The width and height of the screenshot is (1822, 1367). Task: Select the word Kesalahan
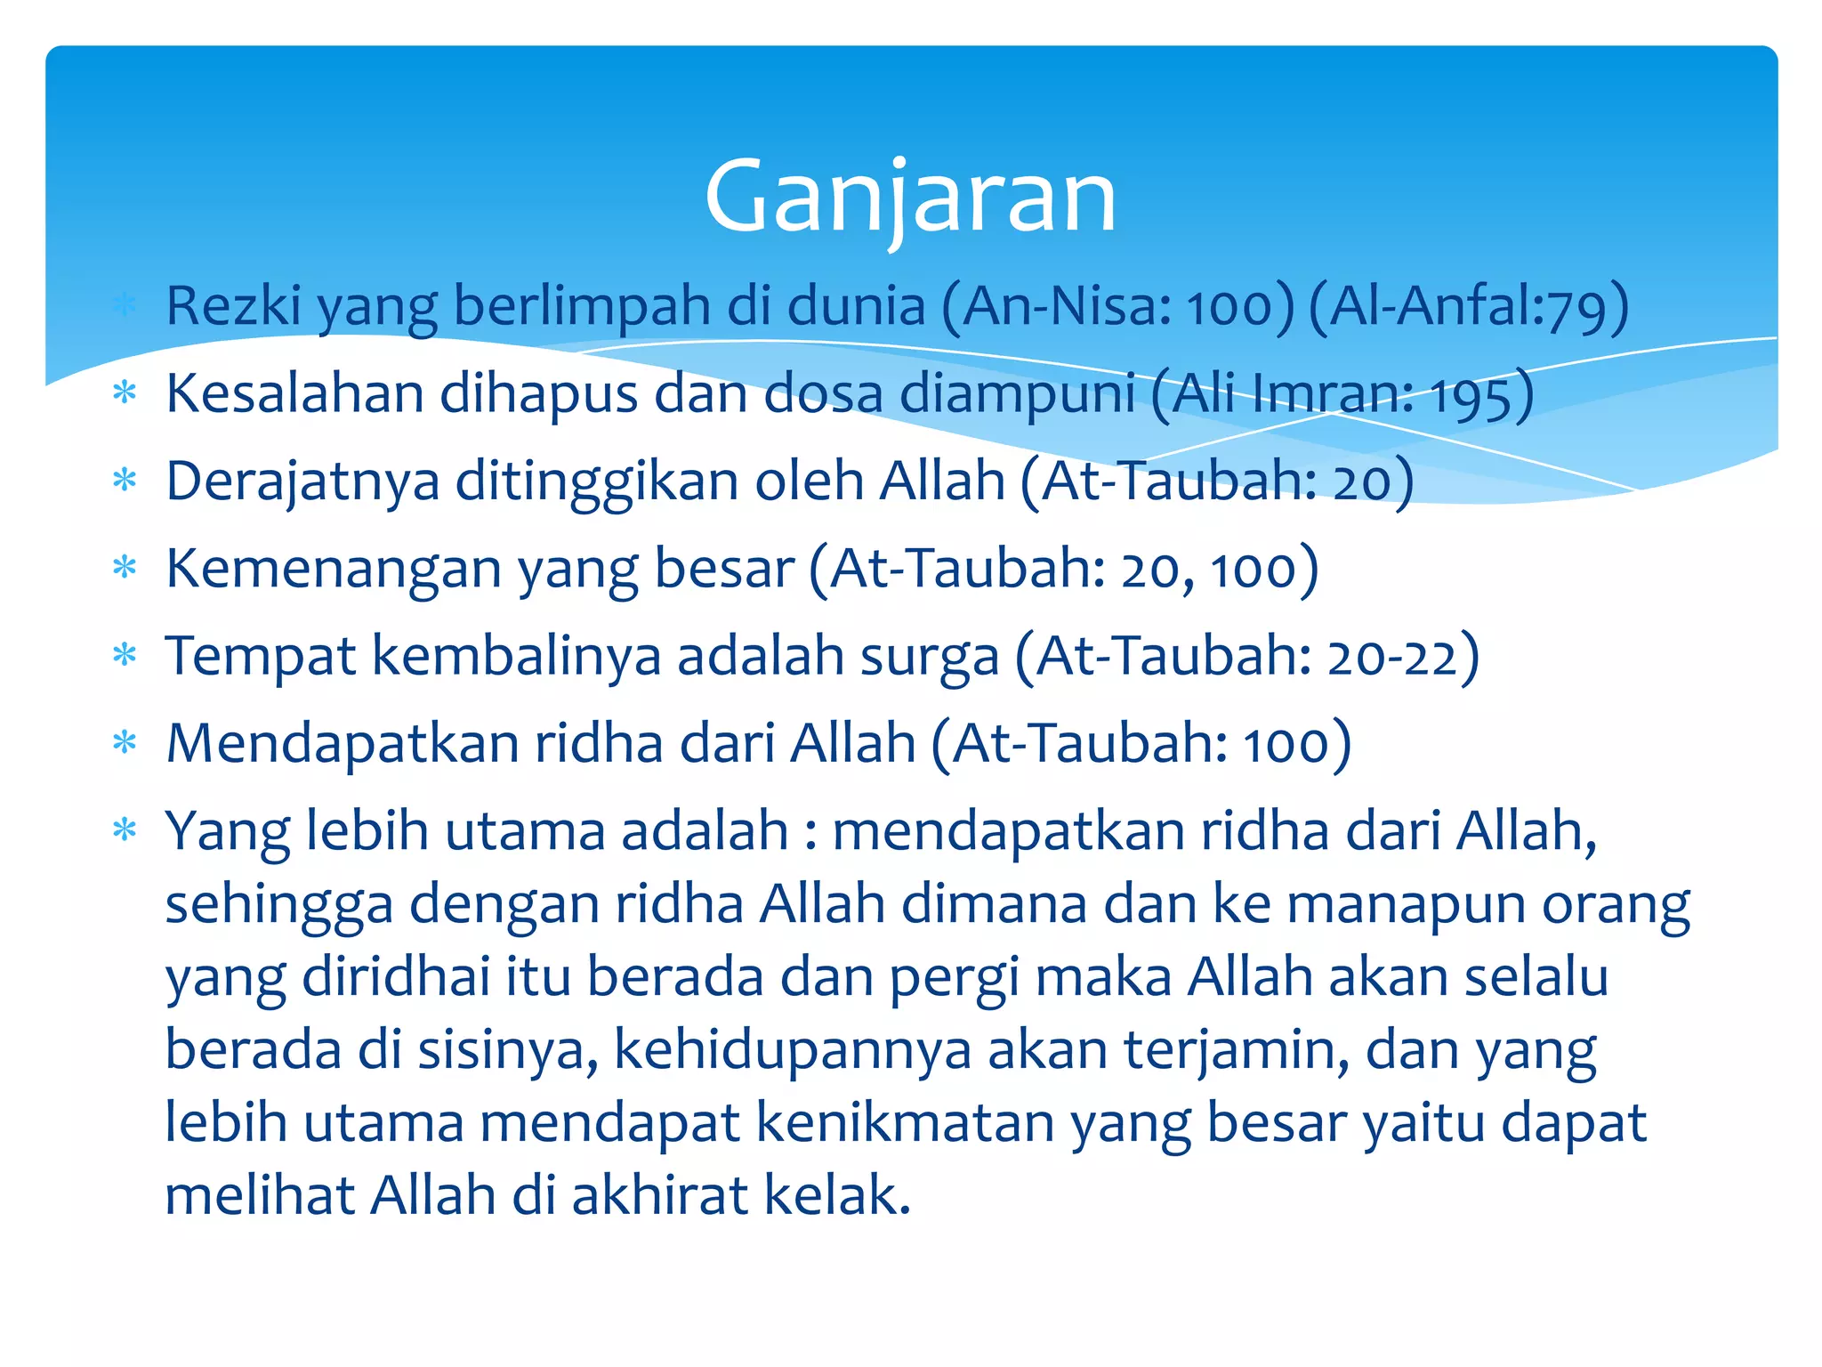click(x=294, y=393)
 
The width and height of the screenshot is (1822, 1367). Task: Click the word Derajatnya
click(x=302, y=481)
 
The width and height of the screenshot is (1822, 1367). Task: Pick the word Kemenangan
click(x=334, y=569)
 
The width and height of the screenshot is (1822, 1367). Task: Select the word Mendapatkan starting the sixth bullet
click(x=343, y=743)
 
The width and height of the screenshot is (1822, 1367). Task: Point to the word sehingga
click(x=278, y=905)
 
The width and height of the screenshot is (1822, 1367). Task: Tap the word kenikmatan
click(x=904, y=1123)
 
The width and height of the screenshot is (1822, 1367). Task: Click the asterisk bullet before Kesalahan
click(x=125, y=392)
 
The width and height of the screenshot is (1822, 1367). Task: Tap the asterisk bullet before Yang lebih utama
click(x=125, y=830)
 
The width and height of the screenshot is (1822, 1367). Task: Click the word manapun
click(x=1406, y=905)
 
